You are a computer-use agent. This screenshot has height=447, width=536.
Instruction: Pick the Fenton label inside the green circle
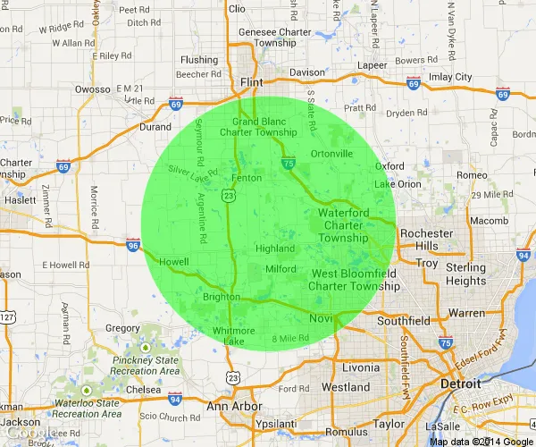pos(247,178)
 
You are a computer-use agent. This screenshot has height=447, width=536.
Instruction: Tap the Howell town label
pos(175,261)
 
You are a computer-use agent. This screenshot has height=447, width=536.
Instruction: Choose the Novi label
pos(322,319)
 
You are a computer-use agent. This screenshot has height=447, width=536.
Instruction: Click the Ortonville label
pos(331,153)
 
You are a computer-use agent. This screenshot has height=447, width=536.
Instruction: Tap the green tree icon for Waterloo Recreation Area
pos(86,391)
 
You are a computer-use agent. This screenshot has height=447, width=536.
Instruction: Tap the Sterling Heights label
pos(465,274)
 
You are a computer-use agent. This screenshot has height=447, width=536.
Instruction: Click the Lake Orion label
pos(397,184)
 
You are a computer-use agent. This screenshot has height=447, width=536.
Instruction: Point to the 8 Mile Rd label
pos(290,338)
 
